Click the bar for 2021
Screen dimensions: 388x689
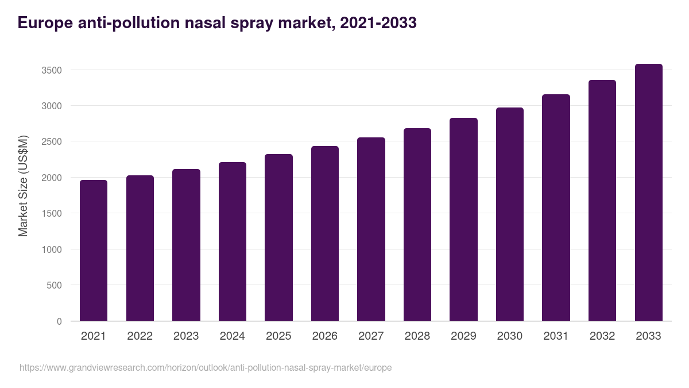94,250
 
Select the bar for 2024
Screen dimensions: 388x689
232,241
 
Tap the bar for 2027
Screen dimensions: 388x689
371,229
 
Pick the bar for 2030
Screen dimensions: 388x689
510,214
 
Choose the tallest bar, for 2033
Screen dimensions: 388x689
648,192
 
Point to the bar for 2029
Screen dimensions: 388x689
463,219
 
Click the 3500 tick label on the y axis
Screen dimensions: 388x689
51,70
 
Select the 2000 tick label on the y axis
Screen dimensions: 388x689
51,178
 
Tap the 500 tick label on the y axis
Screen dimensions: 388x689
53,285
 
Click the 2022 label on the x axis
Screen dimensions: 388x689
140,336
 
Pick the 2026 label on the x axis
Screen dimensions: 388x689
324,336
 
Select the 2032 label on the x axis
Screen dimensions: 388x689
602,336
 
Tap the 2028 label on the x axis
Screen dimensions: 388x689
417,336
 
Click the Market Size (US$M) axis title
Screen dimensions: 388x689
23,186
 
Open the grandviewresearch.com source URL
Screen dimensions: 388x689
206,367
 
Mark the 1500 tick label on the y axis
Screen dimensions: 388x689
51,213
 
